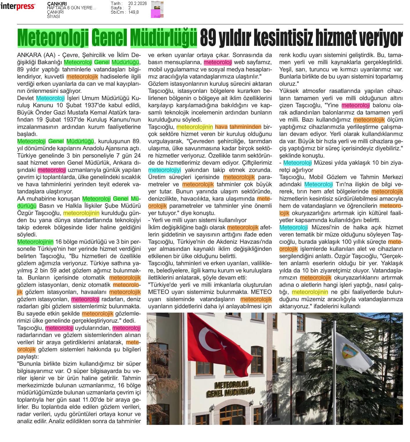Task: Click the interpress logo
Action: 18,6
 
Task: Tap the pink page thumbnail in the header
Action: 156,13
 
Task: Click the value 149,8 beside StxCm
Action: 133,12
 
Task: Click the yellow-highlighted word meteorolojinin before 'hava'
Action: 195,127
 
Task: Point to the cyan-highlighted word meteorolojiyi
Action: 165,170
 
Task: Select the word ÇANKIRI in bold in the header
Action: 57,4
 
